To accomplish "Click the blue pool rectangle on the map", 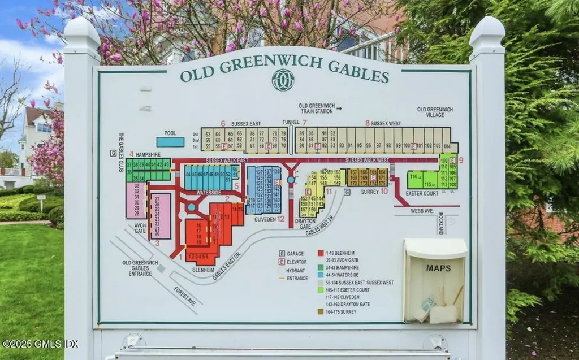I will pos(170,142).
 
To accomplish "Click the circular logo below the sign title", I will pos(283,80).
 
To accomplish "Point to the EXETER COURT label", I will pos(422,193).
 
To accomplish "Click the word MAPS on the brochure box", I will pos(438,268).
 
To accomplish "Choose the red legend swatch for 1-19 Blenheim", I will pos(321,253).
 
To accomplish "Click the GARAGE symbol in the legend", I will pos(282,254).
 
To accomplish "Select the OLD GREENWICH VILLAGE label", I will pos(435,112).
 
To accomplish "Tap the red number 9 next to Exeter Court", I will pos(461,160).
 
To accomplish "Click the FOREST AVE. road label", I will pos(184,296).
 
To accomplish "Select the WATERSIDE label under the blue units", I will pos(209,193).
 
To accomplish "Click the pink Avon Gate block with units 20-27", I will pos(161,215).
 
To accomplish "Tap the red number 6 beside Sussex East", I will pos(223,123).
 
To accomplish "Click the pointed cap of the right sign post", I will pos(487,33).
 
